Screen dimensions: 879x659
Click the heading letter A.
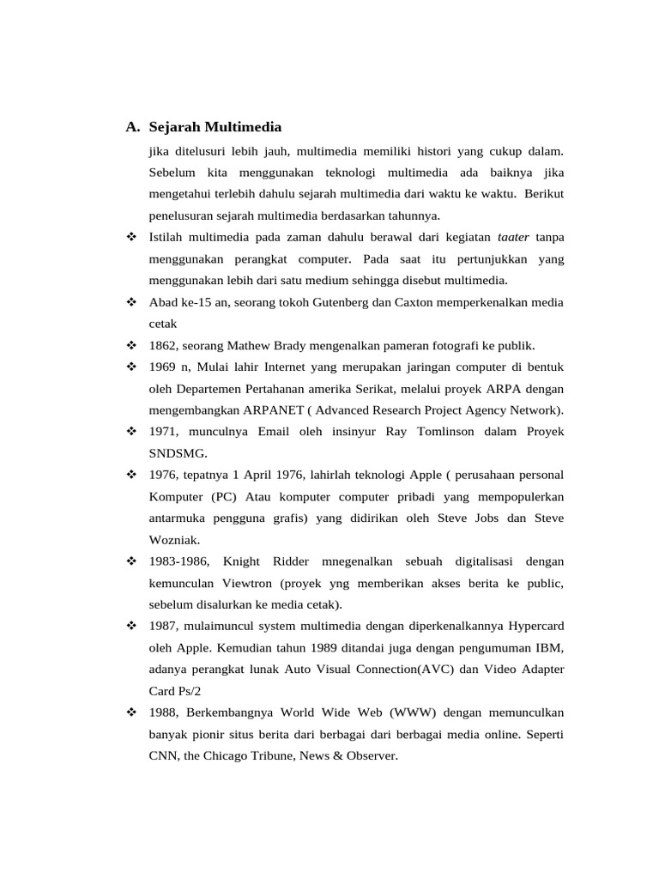pyautogui.click(x=131, y=128)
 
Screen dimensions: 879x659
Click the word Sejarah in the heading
pyautogui.click(x=174, y=128)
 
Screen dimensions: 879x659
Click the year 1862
pyautogui.click(x=163, y=345)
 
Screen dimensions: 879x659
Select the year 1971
pyautogui.click(x=163, y=431)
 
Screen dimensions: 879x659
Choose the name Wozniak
pyautogui.click(x=174, y=539)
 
